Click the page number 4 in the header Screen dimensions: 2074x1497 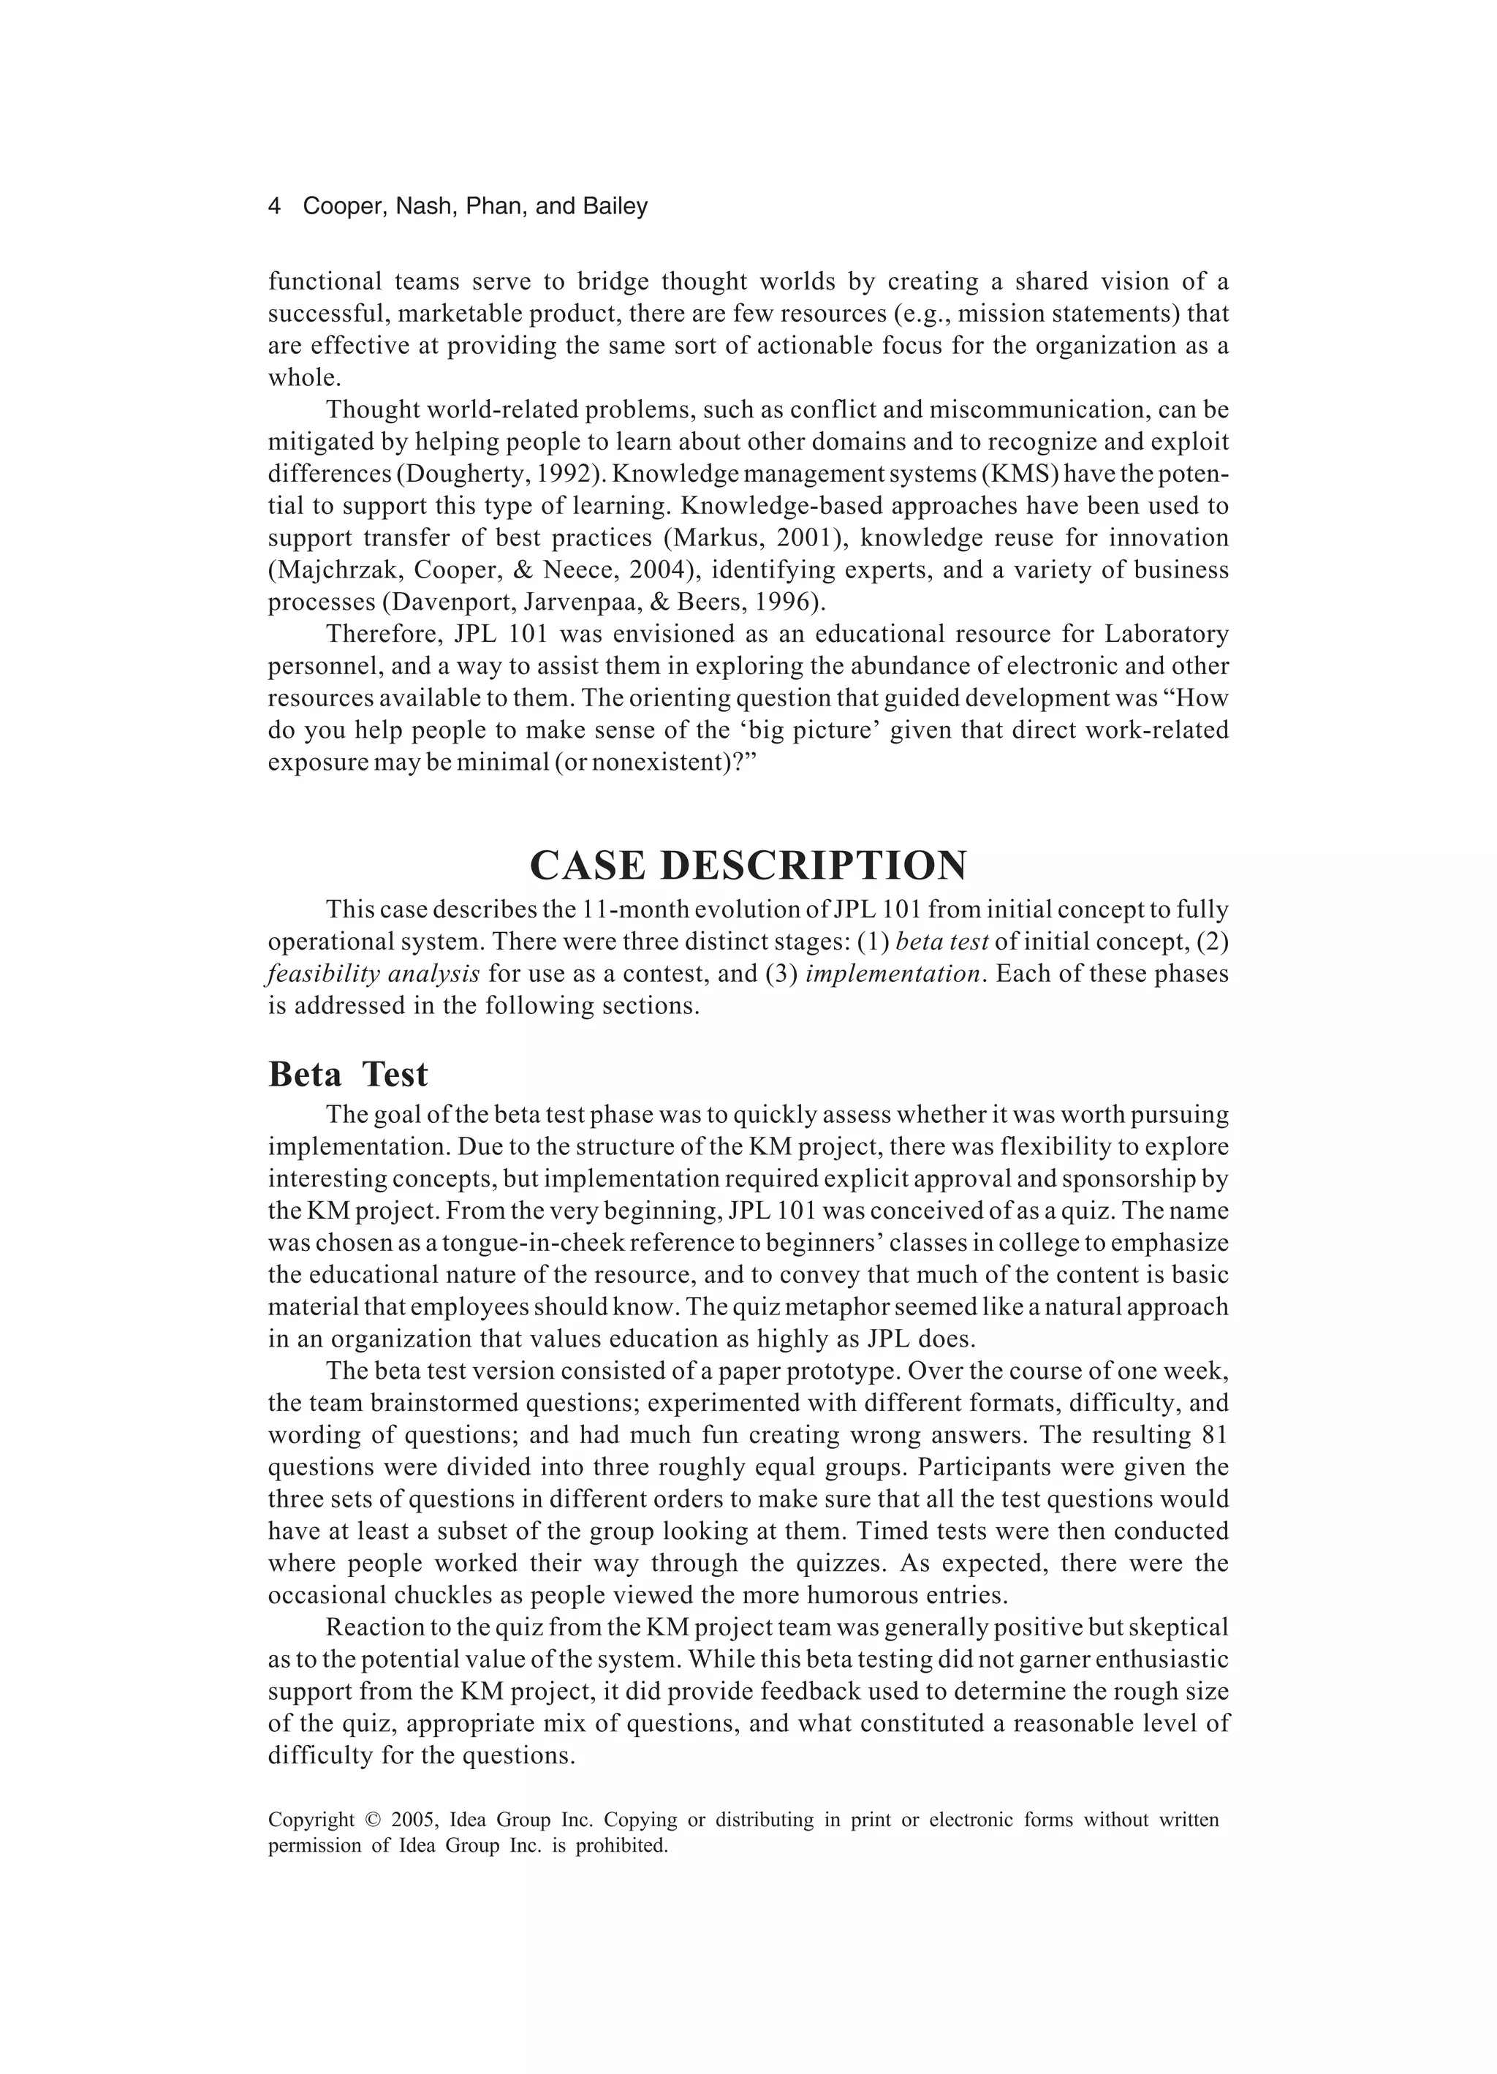point(273,207)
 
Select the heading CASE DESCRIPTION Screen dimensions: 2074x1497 point(748,865)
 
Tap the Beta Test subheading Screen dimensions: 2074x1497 point(347,1075)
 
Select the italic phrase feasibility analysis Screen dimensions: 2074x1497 point(373,974)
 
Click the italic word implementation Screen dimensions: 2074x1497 point(892,974)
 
